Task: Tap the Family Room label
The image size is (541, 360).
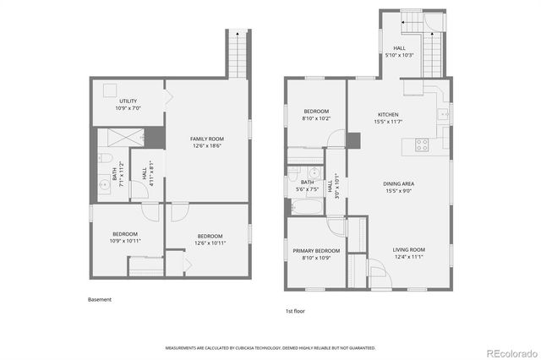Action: coord(207,142)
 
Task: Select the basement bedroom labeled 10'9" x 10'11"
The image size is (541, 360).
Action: coord(125,237)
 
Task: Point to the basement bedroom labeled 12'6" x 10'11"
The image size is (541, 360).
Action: coord(210,239)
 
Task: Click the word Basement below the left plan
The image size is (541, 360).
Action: coord(100,299)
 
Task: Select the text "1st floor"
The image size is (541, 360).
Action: coord(294,312)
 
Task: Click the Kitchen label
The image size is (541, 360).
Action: coord(388,117)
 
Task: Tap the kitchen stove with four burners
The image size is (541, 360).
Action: coord(420,145)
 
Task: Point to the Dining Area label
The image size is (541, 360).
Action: coord(398,187)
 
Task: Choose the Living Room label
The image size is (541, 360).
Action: coord(408,252)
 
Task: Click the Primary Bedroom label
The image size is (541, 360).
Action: coord(316,254)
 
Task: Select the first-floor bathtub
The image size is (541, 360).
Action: coord(306,204)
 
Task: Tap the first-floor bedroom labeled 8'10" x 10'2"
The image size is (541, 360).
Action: coord(317,116)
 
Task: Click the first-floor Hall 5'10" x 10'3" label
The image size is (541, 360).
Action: coord(399,52)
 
